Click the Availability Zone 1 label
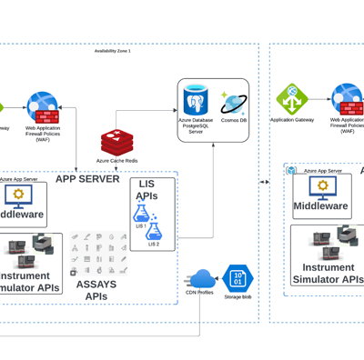pos(113,51)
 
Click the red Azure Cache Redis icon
pos(116,143)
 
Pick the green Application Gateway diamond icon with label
pos(292,97)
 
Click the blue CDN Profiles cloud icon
pos(202,277)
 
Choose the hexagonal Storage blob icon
pos(238,277)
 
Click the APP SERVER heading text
pos(87,179)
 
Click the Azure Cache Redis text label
pos(116,160)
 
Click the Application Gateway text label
pos(292,119)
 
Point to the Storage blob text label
pos(238,296)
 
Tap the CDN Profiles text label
pos(200,293)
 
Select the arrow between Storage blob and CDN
pos(219,278)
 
